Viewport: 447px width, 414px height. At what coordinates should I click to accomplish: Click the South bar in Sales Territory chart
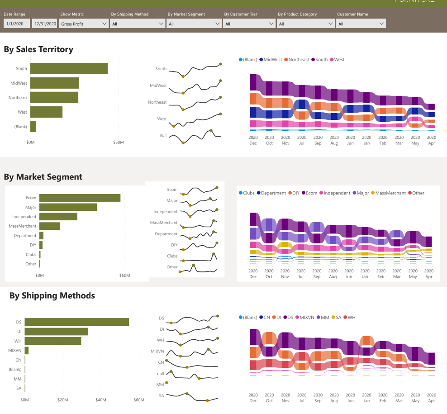click(68, 69)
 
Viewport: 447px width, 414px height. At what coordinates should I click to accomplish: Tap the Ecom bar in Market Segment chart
click(80, 198)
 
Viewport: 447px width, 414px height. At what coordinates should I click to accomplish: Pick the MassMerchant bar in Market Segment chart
click(49, 226)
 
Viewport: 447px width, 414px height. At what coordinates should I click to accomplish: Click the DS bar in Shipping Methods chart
click(76, 322)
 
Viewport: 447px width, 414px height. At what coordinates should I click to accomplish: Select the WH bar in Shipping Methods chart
click(53, 341)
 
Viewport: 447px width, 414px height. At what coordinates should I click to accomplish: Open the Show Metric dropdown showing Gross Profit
click(84, 24)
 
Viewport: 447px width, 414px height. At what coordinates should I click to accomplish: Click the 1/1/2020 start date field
click(17, 24)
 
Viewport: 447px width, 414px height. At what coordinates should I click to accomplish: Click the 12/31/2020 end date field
click(45, 24)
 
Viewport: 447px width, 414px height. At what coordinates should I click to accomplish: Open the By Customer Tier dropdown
click(249, 24)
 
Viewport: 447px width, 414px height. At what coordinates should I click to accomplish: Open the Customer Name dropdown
click(361, 24)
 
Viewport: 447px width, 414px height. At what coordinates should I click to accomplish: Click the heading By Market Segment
click(43, 177)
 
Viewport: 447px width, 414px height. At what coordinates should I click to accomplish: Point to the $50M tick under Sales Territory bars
click(118, 143)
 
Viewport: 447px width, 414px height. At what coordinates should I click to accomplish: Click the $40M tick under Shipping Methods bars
click(101, 400)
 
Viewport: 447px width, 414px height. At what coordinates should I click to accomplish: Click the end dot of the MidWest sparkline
click(220, 81)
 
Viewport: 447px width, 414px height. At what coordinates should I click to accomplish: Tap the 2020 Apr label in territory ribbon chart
click(432, 140)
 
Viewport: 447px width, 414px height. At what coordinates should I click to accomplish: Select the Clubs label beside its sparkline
click(172, 256)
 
